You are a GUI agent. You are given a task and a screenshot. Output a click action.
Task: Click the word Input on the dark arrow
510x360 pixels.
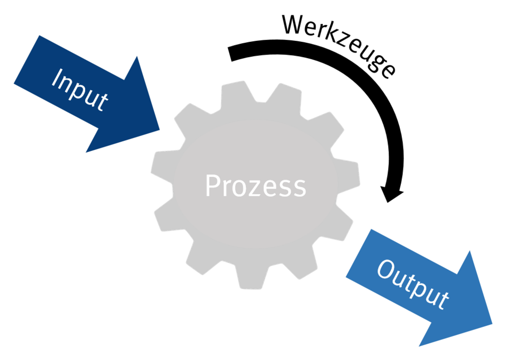coord(80,90)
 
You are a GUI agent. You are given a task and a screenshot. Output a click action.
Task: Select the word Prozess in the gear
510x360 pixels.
coord(256,186)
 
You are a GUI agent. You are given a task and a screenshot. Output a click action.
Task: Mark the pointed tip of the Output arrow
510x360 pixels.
coord(492,323)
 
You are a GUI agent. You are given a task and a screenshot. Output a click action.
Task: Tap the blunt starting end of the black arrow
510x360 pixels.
coord(231,54)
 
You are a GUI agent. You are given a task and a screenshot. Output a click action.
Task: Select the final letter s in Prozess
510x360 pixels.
coord(299,189)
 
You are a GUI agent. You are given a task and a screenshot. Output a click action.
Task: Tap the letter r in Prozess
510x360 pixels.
coord(227,189)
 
